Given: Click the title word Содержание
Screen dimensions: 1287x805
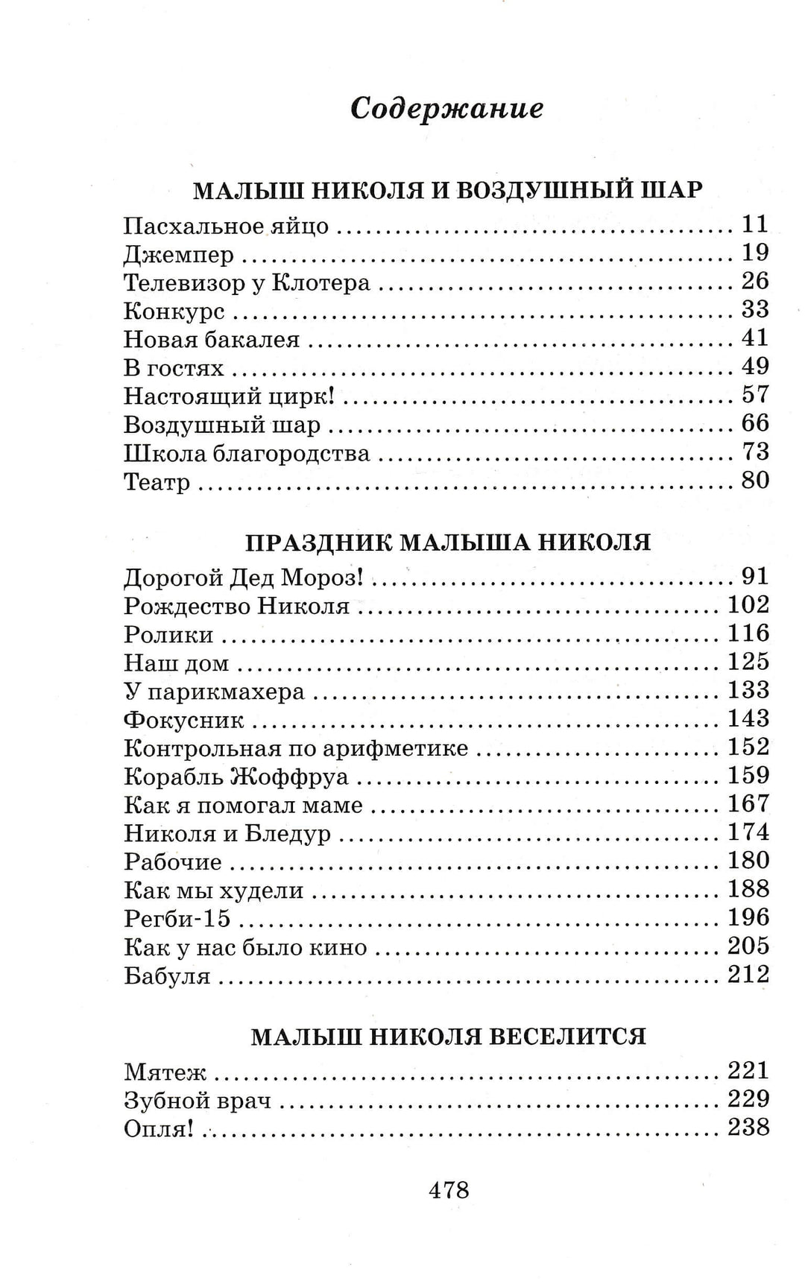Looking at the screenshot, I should point(446,109).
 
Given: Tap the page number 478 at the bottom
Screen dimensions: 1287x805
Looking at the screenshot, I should point(449,1189).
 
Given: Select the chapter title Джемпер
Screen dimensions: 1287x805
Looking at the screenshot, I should point(179,256).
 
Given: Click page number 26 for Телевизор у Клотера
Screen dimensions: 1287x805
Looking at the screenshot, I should point(754,281).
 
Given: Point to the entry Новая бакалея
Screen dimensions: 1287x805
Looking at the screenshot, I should point(212,341).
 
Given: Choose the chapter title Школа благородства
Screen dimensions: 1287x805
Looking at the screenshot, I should point(247,454).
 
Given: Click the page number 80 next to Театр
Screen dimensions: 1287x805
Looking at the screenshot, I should point(754,480).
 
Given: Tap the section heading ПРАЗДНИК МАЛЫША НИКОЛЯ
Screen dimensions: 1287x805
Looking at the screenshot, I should point(448,542).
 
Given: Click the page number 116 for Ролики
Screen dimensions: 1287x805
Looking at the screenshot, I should point(748,633).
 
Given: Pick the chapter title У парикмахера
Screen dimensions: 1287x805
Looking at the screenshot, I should point(215,692).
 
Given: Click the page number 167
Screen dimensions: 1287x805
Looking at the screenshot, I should point(748,803).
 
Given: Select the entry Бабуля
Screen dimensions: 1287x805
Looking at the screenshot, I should point(167,976).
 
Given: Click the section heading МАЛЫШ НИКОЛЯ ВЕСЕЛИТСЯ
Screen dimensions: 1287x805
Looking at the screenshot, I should point(448,1037).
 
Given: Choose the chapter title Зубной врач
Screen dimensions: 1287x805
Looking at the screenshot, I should point(198,1101).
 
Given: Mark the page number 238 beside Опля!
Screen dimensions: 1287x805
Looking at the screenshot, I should point(748,1127).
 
